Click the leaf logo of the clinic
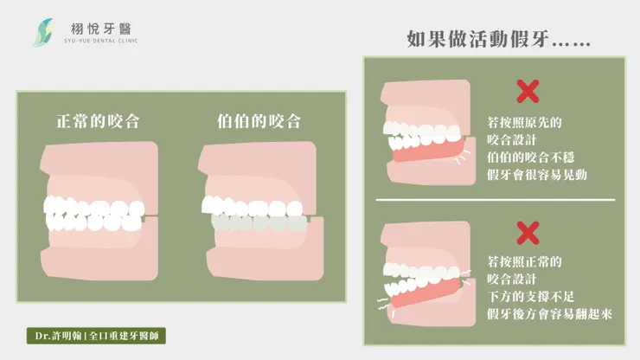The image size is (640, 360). click(42, 32)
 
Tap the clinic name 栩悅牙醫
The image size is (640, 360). click(101, 29)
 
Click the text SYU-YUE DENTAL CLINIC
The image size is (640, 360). click(101, 41)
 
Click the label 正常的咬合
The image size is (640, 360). click(98, 121)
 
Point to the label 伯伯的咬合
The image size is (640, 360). click(259, 121)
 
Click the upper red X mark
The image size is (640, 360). click(528, 91)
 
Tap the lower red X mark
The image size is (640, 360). click(528, 233)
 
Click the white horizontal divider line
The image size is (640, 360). click(495, 200)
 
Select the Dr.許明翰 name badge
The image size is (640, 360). click(96, 336)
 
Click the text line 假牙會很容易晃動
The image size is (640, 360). click(537, 175)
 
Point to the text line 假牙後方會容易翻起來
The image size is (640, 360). click(549, 314)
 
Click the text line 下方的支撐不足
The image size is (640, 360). click(530, 296)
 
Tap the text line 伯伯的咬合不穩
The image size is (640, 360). click(530, 157)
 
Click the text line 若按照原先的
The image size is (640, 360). click(524, 122)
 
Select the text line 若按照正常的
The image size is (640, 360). click(524, 261)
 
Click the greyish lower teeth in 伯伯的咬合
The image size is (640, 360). click(259, 223)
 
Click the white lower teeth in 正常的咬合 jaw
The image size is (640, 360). click(94, 222)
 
